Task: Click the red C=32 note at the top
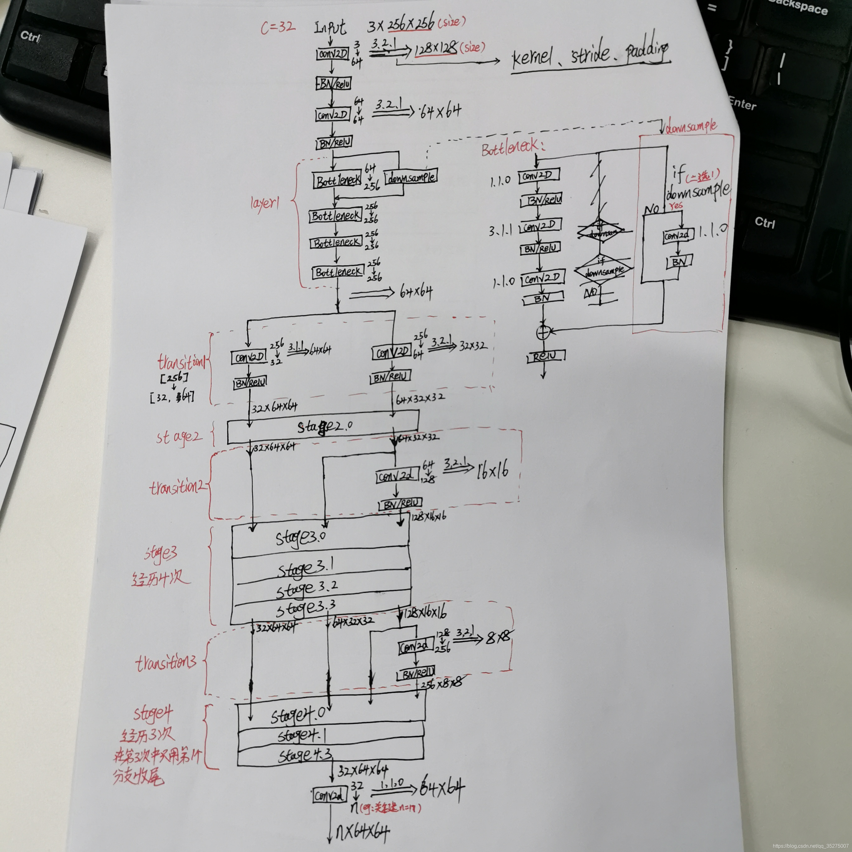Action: point(278,27)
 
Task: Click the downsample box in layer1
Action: point(411,177)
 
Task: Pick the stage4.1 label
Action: point(302,735)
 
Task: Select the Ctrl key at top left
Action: point(30,36)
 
